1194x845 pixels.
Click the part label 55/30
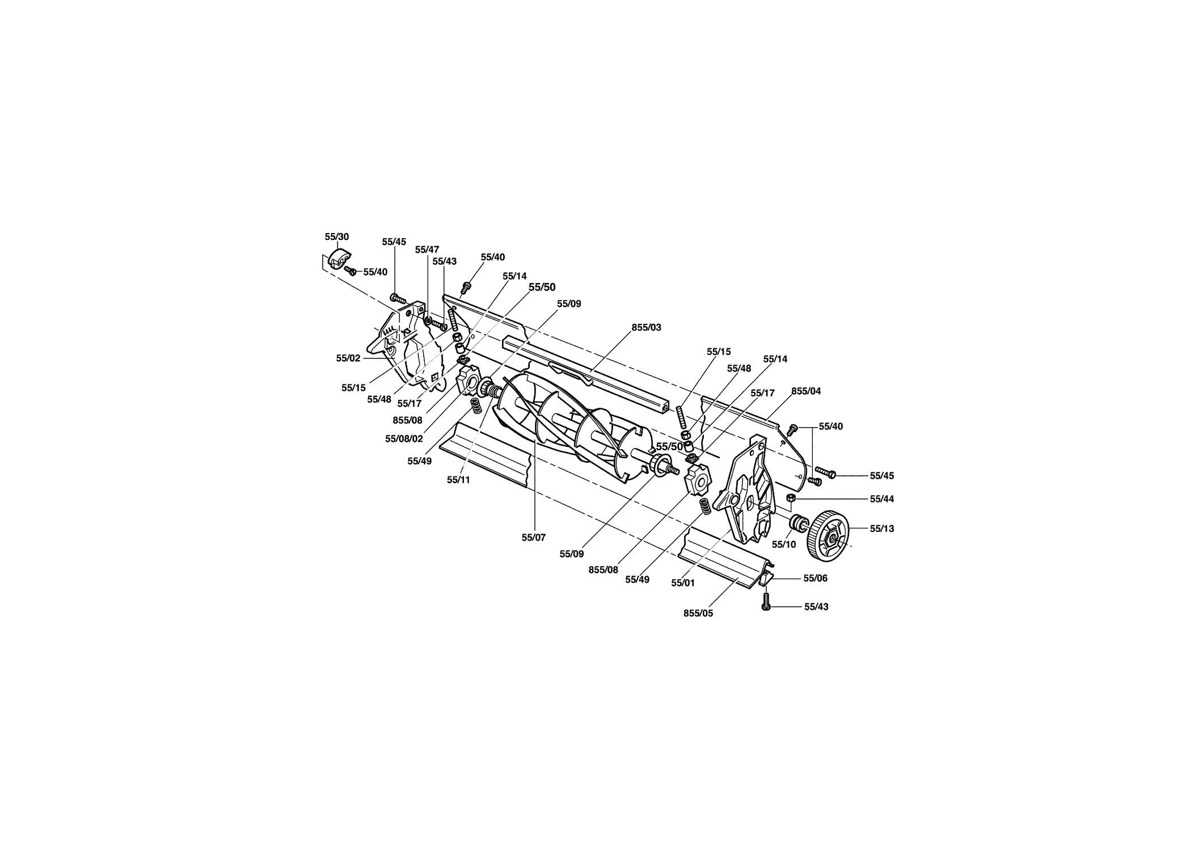click(336, 237)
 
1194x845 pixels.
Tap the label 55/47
click(427, 250)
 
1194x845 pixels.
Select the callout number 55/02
click(348, 358)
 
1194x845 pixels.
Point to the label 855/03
click(646, 328)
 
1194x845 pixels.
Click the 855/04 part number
click(806, 391)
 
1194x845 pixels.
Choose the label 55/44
click(881, 499)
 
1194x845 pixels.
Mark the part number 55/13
click(881, 529)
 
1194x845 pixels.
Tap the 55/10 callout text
click(784, 544)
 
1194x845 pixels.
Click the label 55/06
click(816, 578)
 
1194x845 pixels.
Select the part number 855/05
click(698, 614)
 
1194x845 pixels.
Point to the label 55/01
click(682, 582)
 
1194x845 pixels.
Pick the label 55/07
click(534, 538)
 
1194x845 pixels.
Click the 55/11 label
click(458, 480)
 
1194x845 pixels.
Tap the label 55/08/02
click(404, 438)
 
